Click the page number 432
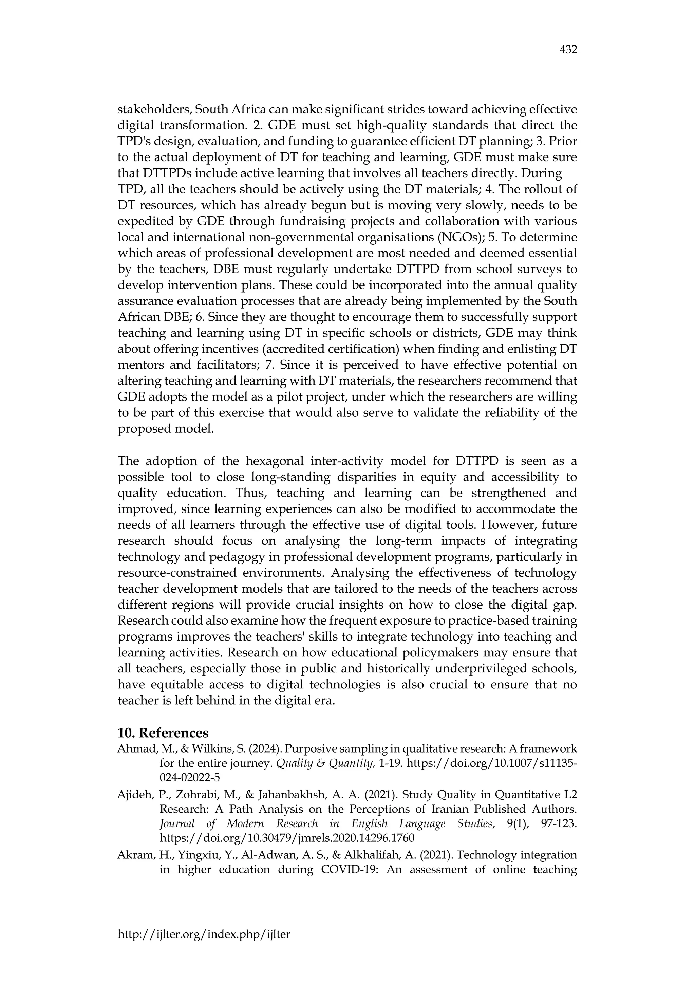click(x=568, y=50)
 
